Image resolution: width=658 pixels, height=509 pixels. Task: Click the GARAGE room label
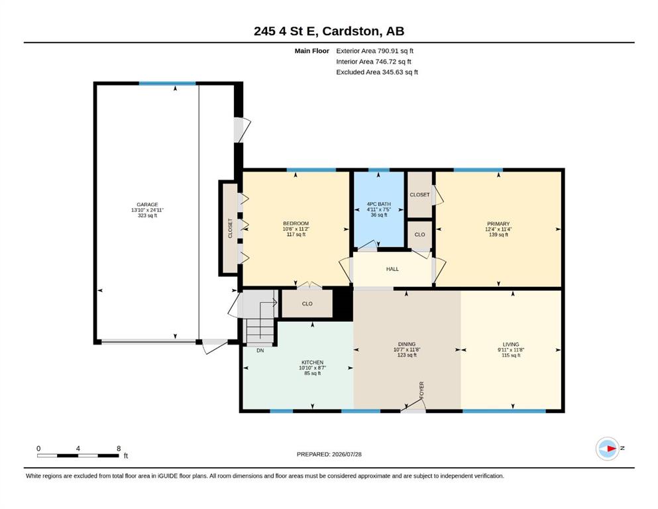(x=147, y=205)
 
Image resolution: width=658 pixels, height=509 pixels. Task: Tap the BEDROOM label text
(x=296, y=223)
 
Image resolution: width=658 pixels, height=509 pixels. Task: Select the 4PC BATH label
(x=378, y=204)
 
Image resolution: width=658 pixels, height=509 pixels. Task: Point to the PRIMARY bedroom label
(x=498, y=224)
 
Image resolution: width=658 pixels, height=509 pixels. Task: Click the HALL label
(x=392, y=269)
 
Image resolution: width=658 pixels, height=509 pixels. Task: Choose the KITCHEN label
(x=312, y=363)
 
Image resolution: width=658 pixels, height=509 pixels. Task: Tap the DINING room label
(x=407, y=344)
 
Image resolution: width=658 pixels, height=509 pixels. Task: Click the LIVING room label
(x=511, y=344)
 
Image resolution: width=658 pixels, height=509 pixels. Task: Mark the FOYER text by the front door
(x=421, y=390)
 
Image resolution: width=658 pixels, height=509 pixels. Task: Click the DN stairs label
(x=260, y=351)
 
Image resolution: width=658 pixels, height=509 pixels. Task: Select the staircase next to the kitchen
(x=260, y=320)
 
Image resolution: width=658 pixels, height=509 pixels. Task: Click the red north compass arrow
(x=612, y=449)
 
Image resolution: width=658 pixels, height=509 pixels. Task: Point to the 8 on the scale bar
(x=119, y=449)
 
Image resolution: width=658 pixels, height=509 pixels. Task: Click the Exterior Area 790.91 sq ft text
(x=375, y=51)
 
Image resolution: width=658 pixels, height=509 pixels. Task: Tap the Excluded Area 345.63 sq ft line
(x=377, y=72)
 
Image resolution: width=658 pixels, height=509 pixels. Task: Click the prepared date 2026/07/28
(x=347, y=454)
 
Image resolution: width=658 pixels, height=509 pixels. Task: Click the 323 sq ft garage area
(x=147, y=215)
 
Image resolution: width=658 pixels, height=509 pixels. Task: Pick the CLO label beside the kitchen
(x=307, y=304)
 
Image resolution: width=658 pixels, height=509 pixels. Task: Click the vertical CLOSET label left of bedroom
(x=230, y=228)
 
